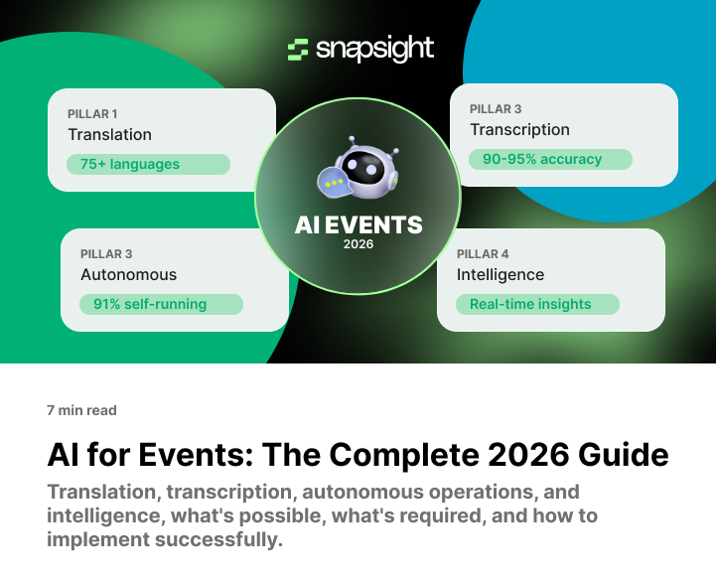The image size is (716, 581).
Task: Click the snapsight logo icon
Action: [298, 49]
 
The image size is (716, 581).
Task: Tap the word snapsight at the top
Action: [374, 49]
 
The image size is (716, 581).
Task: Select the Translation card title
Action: [109, 134]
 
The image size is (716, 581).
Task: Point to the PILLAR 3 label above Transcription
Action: [496, 108]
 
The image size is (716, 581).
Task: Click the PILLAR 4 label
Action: [483, 253]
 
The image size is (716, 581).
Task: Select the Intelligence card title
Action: [501, 274]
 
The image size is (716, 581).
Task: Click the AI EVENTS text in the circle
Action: [358, 224]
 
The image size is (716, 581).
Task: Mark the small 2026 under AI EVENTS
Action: [358, 244]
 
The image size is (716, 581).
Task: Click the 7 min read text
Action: [81, 410]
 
